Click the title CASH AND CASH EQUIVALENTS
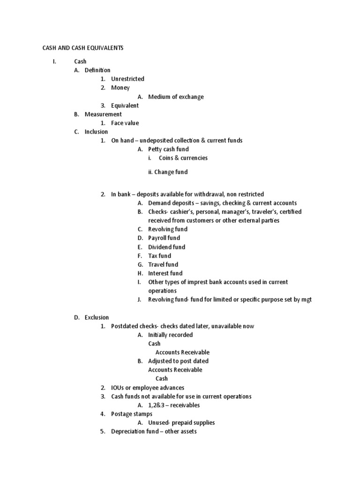pyautogui.click(x=83, y=48)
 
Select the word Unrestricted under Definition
pyautogui.click(x=127, y=79)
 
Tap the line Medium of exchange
pyautogui.click(x=176, y=97)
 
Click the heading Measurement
pyautogui.click(x=103, y=114)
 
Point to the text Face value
pyautogui.click(x=125, y=123)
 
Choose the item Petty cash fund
pyautogui.click(x=168, y=149)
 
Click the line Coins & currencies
pyautogui.click(x=183, y=158)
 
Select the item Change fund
pyautogui.click(x=172, y=172)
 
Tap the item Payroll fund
pyautogui.click(x=164, y=238)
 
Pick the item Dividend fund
pyautogui.click(x=166, y=247)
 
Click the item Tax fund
pyautogui.click(x=159, y=255)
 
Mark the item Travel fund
pyautogui.click(x=163, y=264)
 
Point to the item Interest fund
pyautogui.click(x=165, y=273)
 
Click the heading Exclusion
pyautogui.click(x=97, y=317)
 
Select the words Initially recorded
pyautogui.click(x=170, y=335)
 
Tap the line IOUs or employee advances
pyautogui.click(x=148, y=388)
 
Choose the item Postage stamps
pyautogui.click(x=131, y=414)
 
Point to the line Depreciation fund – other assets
pyautogui.click(x=154, y=431)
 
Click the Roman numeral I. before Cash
pyautogui.click(x=55, y=61)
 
